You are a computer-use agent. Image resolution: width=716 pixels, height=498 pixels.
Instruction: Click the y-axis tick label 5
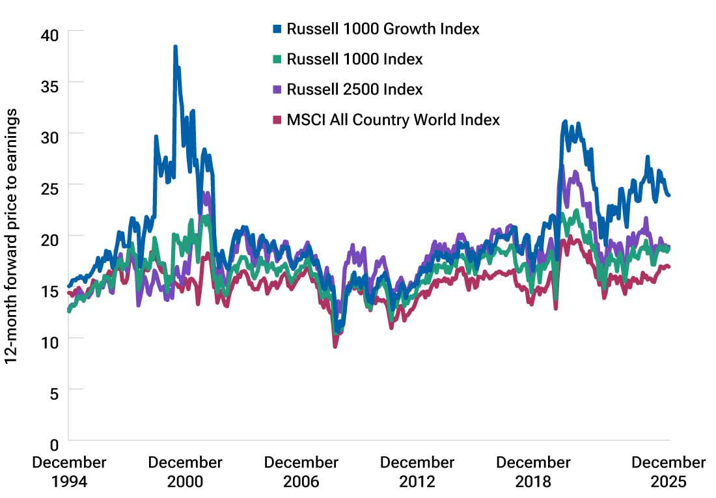click(53, 391)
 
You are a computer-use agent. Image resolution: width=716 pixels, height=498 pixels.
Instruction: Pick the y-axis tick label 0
click(53, 445)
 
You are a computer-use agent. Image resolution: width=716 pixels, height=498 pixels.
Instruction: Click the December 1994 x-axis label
click(68, 472)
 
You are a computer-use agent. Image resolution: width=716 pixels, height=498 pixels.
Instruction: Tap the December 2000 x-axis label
click(185, 472)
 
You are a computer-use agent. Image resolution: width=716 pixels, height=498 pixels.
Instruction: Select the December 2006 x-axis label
click(301, 472)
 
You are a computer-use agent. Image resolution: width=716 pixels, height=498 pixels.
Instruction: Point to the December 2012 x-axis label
click(417, 472)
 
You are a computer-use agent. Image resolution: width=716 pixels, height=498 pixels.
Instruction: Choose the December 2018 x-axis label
click(532, 472)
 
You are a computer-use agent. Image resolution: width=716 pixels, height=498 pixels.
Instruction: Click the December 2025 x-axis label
click(668, 472)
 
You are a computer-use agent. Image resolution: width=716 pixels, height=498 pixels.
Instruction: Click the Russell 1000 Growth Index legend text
click(383, 29)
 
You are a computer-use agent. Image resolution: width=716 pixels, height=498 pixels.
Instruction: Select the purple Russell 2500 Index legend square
click(277, 90)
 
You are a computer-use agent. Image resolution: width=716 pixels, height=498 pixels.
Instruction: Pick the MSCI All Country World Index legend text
click(393, 120)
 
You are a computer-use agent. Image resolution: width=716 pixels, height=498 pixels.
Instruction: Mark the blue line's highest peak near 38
click(175, 47)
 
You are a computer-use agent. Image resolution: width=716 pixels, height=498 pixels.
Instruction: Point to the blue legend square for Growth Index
click(277, 29)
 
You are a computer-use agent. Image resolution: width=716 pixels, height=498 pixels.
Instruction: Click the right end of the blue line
click(669, 195)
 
